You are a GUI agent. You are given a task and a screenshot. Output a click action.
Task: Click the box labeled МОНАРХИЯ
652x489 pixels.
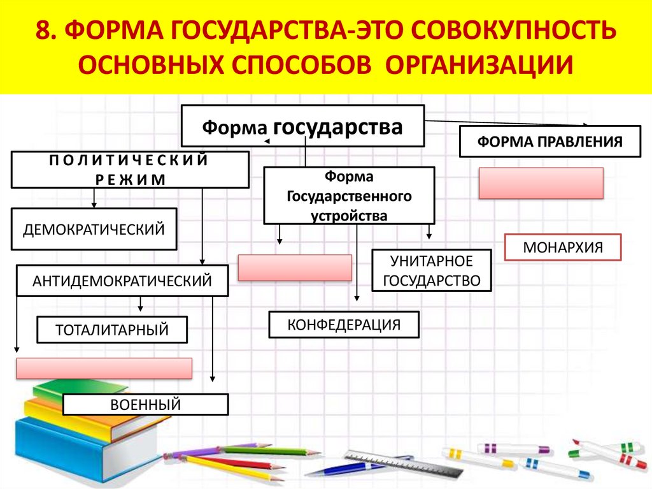click(x=562, y=247)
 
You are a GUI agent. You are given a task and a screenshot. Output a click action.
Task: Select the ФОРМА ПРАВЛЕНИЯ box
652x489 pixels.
click(x=549, y=141)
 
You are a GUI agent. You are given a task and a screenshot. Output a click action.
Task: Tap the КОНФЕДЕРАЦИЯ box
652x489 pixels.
click(x=344, y=325)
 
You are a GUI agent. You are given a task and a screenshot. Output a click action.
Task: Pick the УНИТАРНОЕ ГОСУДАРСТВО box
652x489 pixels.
click(x=432, y=270)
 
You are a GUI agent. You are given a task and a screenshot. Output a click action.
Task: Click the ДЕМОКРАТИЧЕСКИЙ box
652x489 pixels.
click(x=94, y=228)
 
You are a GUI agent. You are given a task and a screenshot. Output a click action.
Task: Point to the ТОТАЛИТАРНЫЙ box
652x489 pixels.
click(x=112, y=330)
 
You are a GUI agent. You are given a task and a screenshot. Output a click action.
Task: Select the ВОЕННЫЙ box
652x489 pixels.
click(x=145, y=404)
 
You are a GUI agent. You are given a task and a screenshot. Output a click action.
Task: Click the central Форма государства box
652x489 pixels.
click(x=302, y=126)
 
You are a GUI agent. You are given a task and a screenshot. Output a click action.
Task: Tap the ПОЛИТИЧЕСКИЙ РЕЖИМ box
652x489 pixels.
click(x=129, y=170)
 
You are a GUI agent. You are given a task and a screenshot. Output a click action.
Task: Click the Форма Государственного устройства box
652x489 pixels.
click(x=349, y=196)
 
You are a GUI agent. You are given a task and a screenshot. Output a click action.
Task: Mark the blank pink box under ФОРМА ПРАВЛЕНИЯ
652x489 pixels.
click(x=541, y=183)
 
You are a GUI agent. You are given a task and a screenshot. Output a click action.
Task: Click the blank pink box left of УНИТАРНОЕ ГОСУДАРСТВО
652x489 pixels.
click(x=295, y=268)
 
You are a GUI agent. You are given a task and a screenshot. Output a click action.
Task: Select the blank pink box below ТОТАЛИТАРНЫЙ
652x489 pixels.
click(x=104, y=369)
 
